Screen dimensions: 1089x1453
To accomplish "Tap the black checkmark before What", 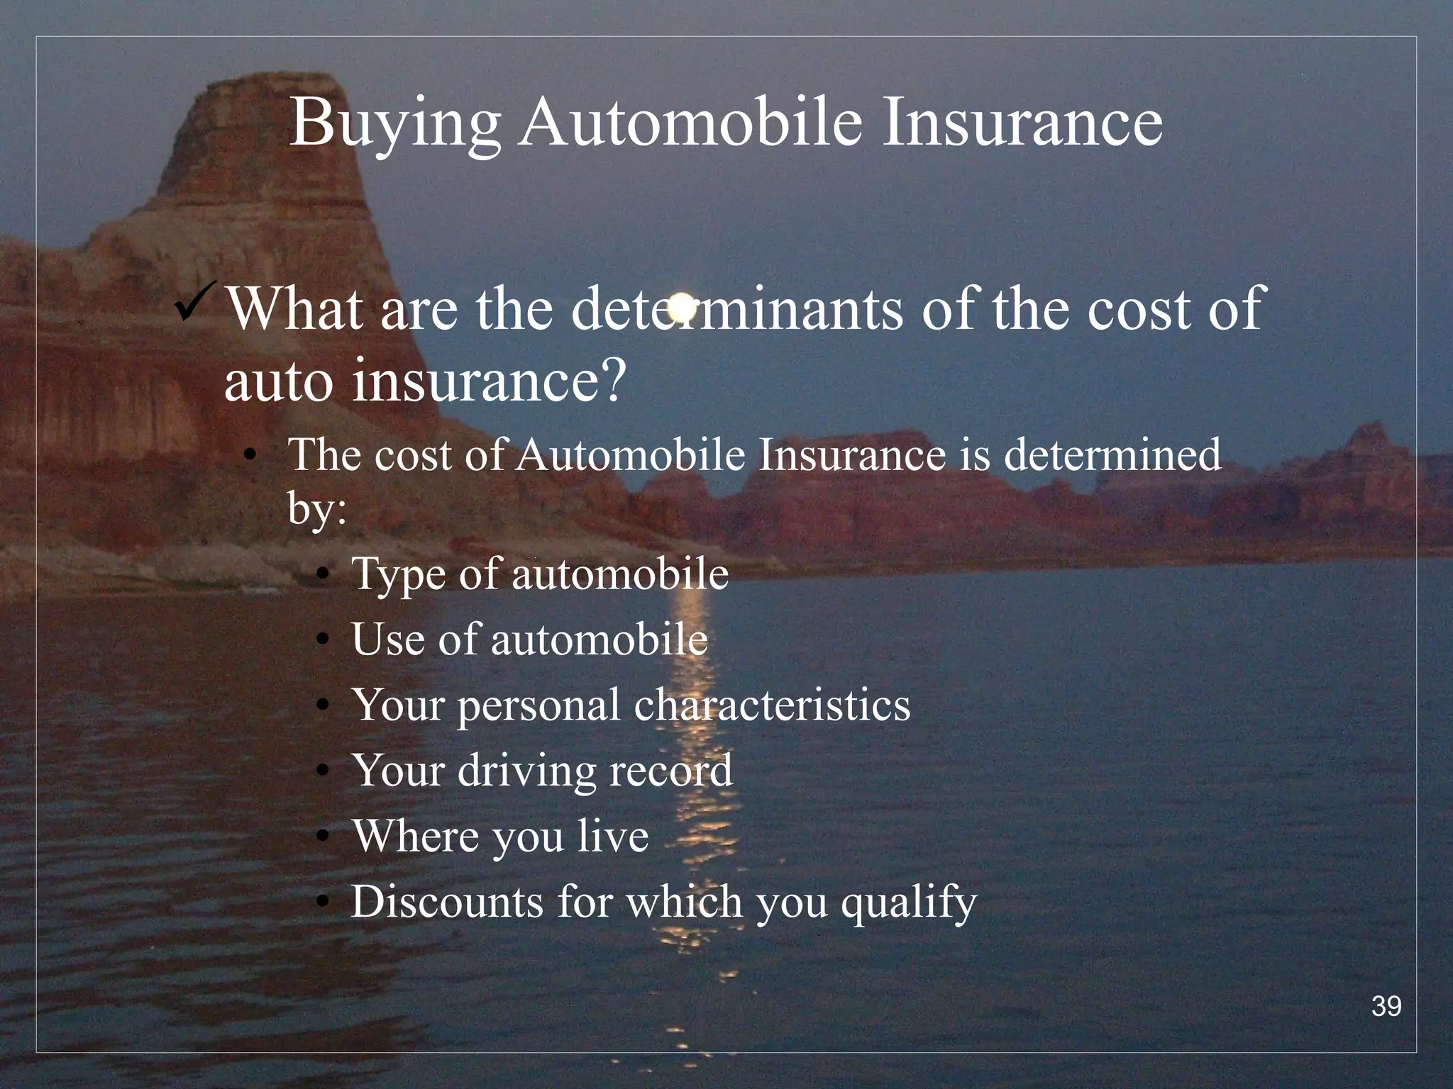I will click(198, 302).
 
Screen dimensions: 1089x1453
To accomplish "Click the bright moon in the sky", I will click(682, 306).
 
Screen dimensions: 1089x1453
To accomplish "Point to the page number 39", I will click(1386, 1006).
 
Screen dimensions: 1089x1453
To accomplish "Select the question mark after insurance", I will click(609, 381).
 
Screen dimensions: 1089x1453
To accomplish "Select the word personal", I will click(538, 706).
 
